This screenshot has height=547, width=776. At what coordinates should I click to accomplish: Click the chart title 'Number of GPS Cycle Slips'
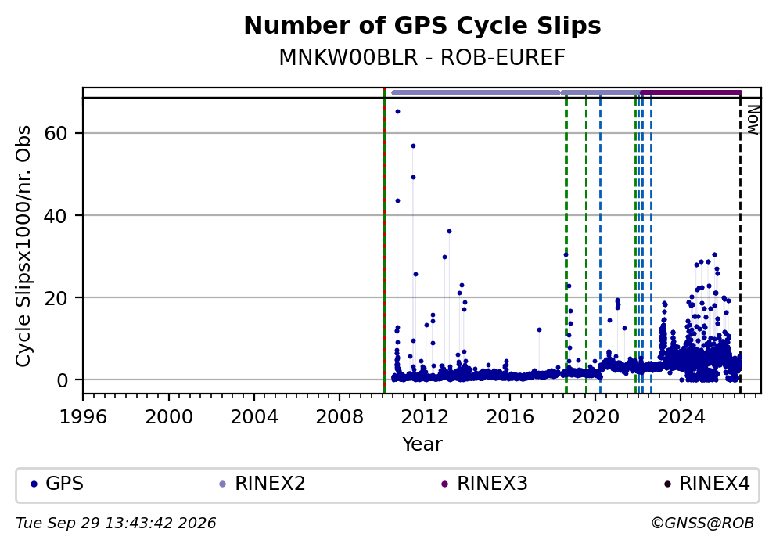click(x=422, y=26)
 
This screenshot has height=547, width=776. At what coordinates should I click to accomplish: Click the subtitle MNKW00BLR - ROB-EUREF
click(x=422, y=57)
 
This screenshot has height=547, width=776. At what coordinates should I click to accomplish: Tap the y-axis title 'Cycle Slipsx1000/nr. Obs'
click(x=23, y=247)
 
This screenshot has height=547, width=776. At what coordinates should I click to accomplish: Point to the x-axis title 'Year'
click(x=422, y=444)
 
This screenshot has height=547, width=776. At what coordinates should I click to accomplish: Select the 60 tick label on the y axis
click(x=56, y=133)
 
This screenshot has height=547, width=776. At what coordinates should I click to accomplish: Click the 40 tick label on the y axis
click(x=56, y=215)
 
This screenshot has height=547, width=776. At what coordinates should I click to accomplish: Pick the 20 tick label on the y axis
click(x=56, y=297)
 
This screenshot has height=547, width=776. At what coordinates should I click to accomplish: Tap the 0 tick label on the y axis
click(x=63, y=380)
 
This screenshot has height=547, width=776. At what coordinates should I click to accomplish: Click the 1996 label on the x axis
click(x=83, y=417)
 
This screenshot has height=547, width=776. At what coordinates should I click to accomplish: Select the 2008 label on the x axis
click(x=339, y=417)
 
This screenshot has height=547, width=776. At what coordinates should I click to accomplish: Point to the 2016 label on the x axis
click(x=510, y=417)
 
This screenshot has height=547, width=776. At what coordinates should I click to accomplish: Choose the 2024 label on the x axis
click(x=681, y=417)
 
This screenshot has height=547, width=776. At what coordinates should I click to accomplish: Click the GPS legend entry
click(x=57, y=484)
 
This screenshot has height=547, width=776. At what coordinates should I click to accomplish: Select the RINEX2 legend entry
click(x=263, y=484)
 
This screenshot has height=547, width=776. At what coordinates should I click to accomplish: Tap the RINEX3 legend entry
click(x=485, y=484)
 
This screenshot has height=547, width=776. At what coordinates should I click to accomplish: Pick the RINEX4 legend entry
click(x=707, y=484)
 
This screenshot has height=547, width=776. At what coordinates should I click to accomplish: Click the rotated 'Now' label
click(x=753, y=119)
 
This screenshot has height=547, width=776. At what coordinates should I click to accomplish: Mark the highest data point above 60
click(x=397, y=112)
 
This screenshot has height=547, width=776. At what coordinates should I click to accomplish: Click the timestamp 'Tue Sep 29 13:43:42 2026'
click(x=116, y=524)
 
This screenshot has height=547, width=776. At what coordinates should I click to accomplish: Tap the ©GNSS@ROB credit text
click(x=702, y=524)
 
